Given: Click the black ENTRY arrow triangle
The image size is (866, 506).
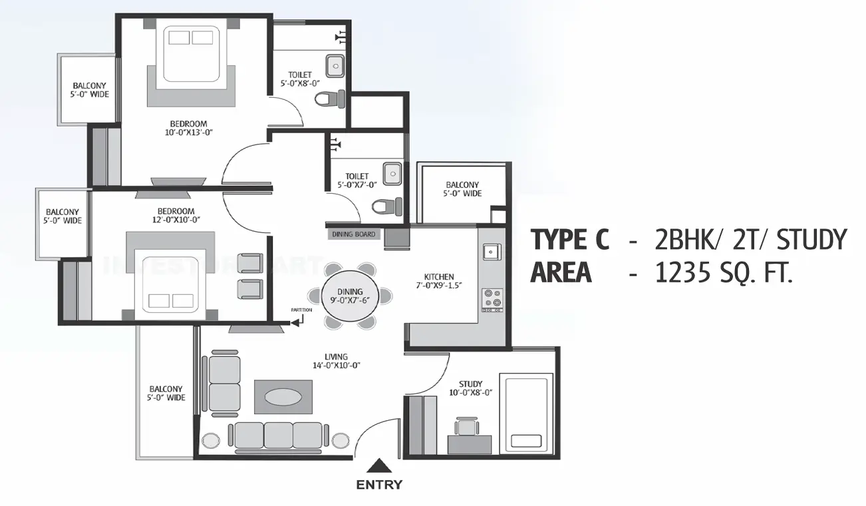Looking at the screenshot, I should pos(379,467).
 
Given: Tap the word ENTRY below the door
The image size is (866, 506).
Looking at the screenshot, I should pos(379,485).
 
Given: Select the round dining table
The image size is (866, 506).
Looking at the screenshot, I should pos(350,296).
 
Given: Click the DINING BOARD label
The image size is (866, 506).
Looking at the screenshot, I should pos(353,234).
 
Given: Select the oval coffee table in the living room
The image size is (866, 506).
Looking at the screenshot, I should pos(283,397).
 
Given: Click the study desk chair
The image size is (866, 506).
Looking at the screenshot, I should pos(467,426).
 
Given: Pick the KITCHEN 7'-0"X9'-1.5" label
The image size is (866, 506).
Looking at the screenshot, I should pos(439,281).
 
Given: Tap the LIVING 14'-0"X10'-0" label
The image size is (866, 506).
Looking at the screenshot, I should pos(336,361).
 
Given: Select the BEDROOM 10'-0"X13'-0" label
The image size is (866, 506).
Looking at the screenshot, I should pos(188,128).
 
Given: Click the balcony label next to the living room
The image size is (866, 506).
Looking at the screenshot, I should pos(166,393).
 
